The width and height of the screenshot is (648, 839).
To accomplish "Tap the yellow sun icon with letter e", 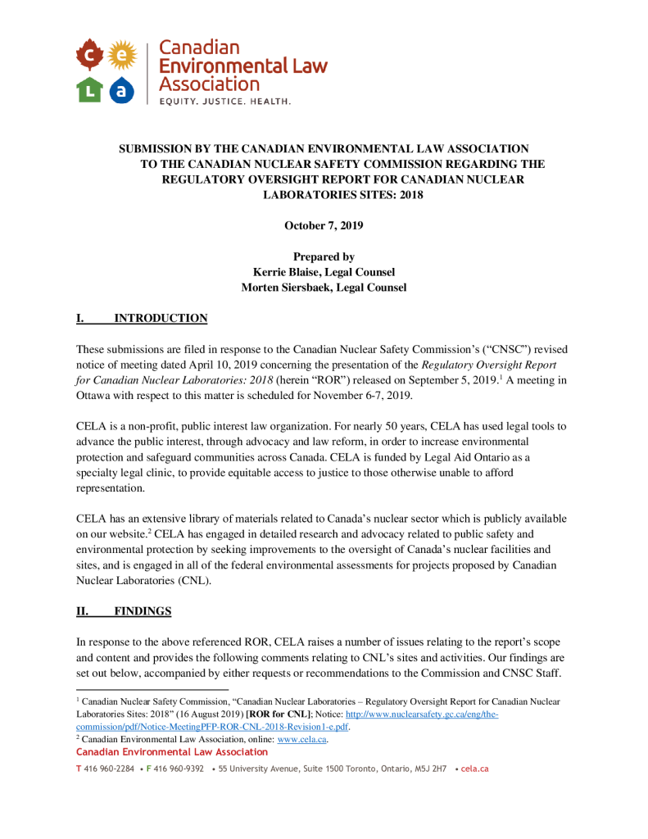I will [121, 55].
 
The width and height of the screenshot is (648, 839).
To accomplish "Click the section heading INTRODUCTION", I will [160, 318].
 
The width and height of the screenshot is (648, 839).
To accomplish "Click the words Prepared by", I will [324, 256].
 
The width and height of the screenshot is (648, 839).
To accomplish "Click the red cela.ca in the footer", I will [475, 769].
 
